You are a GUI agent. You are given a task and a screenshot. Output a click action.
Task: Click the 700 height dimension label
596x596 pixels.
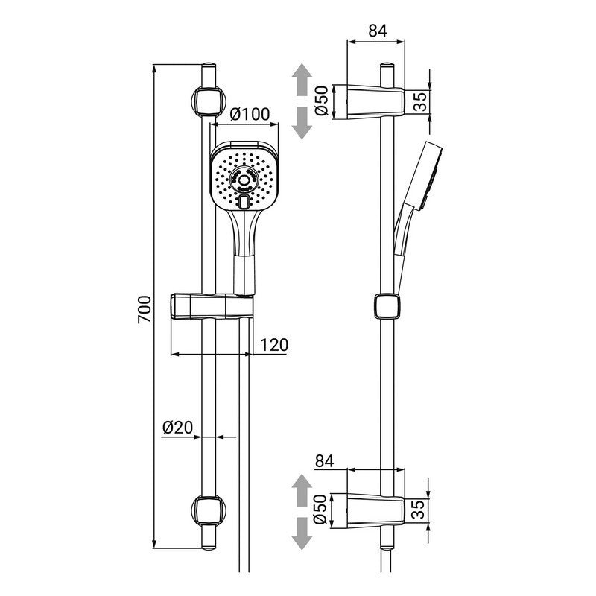tap(145, 308)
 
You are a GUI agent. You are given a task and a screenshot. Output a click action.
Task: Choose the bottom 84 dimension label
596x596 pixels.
tap(326, 461)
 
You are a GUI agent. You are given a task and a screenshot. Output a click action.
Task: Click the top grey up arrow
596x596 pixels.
tap(301, 80)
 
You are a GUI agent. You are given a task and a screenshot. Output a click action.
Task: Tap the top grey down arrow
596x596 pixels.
tap(301, 121)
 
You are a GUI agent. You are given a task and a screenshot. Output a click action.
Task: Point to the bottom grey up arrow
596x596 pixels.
tap(301, 489)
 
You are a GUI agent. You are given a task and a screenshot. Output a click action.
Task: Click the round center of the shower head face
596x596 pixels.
tap(244, 179)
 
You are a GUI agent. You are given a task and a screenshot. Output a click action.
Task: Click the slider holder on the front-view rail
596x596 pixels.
tap(212, 306)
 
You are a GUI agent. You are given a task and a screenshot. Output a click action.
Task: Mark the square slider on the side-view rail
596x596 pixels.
tap(384, 305)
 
